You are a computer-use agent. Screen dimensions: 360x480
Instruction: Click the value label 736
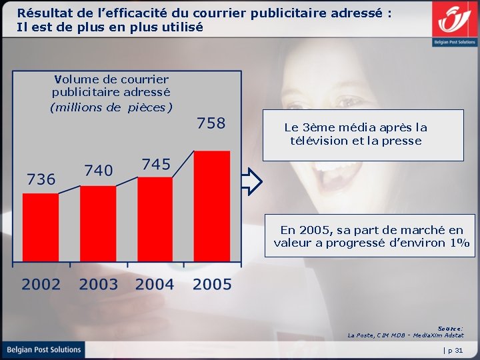41,179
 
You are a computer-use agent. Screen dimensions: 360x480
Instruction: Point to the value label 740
98,171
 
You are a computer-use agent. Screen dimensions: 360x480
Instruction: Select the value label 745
155,164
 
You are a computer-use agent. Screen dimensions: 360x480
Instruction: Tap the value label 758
211,123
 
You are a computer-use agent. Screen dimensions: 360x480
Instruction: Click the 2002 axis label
41,285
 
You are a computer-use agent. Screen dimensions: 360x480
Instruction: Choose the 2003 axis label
98,285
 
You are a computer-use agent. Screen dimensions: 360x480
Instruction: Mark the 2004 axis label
155,285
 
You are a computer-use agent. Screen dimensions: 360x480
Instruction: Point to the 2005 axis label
212,285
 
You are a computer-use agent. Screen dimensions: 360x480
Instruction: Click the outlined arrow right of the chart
252,181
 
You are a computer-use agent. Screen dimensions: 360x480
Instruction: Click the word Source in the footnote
450,328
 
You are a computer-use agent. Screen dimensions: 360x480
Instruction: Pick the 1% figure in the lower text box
461,243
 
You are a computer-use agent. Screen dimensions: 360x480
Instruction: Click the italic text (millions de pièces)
111,107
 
